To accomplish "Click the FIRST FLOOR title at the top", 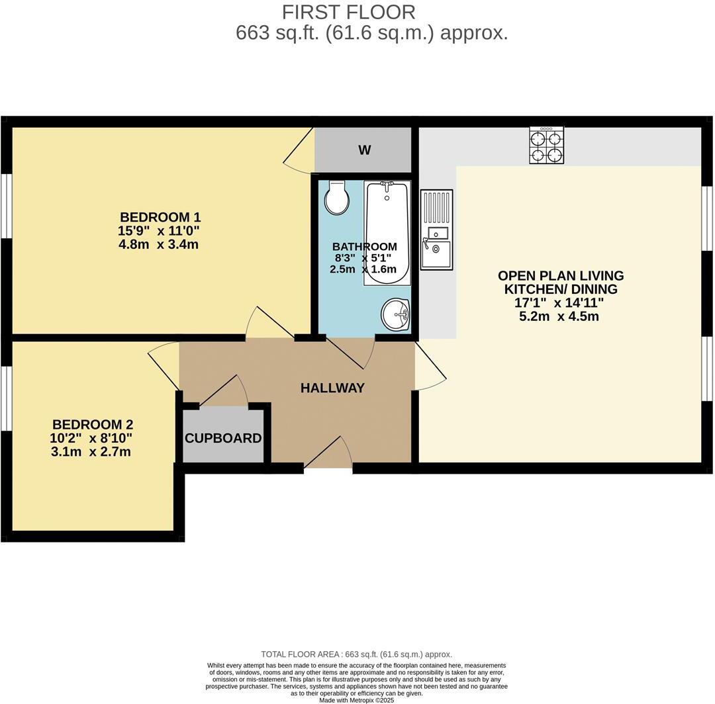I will tap(349, 12).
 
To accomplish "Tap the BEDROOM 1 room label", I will tap(160, 217).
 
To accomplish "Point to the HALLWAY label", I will tap(332, 388).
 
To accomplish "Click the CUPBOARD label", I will tap(223, 438).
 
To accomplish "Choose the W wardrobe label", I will tap(364, 150).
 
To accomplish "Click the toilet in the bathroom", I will tap(337, 198).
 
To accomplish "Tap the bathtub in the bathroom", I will tap(387, 232).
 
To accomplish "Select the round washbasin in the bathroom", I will tap(396, 313).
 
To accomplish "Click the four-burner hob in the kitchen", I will tap(546, 146).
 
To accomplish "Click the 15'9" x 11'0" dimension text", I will tap(160, 231).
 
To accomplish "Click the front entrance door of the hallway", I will tap(328, 455).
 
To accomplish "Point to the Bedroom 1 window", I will tap(5, 205).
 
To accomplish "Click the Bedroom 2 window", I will tap(5, 397).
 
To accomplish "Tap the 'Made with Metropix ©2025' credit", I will tap(356, 699).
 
